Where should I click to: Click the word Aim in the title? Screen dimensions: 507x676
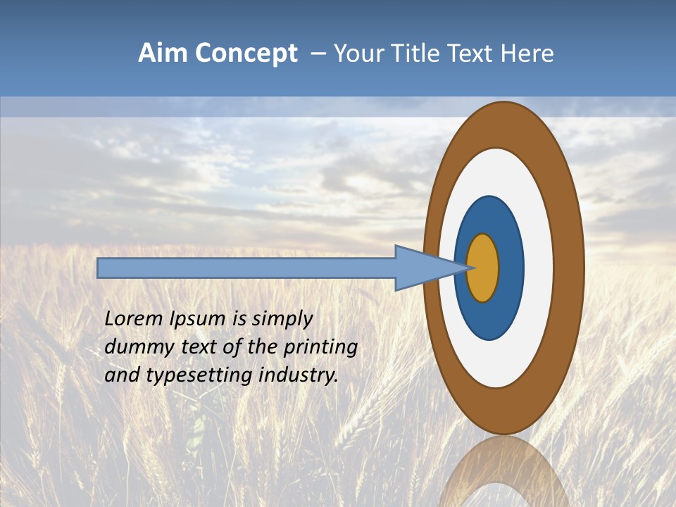point(163,54)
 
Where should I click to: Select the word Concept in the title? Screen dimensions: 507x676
point(246,54)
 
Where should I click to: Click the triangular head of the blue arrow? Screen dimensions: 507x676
point(423,268)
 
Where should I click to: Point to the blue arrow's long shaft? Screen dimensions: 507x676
point(246,268)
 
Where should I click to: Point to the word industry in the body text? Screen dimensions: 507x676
point(299,375)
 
